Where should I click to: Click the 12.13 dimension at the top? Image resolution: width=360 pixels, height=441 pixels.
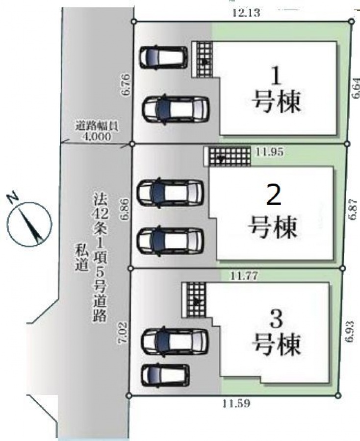click(246, 13)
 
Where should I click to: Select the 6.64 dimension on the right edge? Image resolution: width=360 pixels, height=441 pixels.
click(356, 88)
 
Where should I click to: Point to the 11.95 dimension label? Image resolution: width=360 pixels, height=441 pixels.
click(269, 152)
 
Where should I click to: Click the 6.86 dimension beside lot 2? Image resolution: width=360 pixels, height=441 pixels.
click(125, 209)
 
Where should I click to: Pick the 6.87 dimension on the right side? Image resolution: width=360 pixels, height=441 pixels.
click(353, 210)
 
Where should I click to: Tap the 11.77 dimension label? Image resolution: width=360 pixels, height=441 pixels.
click(244, 276)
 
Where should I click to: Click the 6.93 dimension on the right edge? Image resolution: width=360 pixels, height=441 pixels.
click(349, 332)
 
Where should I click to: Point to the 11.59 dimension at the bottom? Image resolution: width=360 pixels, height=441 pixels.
click(236, 404)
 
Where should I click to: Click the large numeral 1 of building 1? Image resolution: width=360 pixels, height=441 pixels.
click(277, 76)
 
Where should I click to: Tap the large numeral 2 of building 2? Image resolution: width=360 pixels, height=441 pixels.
click(274, 197)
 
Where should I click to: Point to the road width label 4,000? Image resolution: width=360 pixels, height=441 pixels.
click(96, 137)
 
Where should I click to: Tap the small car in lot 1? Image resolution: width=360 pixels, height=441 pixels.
click(163, 57)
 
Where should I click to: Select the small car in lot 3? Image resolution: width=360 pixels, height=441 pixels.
click(165, 375)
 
